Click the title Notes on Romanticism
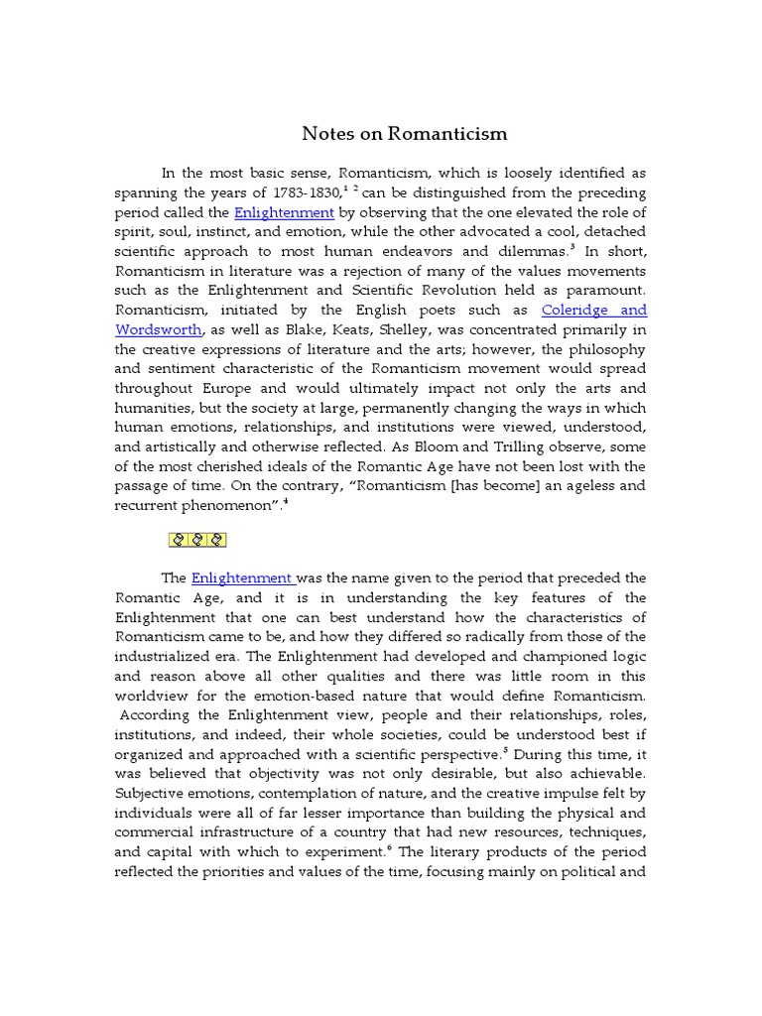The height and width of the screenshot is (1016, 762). (x=404, y=133)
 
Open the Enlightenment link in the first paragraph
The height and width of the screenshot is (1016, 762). (x=285, y=212)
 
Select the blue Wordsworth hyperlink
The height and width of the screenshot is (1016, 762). (x=160, y=329)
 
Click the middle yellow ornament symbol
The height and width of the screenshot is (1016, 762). (x=198, y=540)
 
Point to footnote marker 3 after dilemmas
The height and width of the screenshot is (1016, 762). (x=545, y=247)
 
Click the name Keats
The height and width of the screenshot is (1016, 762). (x=340, y=329)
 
